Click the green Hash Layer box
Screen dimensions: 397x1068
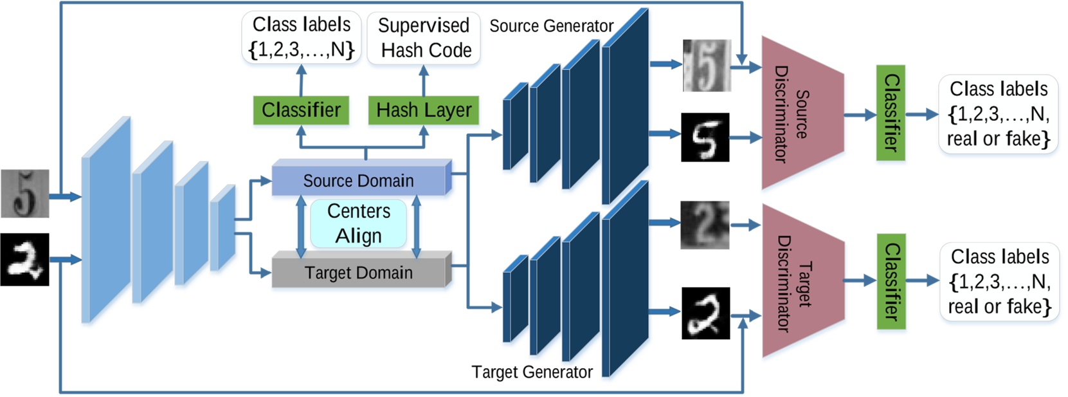point(424,110)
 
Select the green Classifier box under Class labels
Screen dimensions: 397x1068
point(301,110)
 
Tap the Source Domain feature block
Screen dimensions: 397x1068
point(359,180)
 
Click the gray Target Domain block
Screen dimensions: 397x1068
point(359,273)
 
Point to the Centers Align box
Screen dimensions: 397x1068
point(358,223)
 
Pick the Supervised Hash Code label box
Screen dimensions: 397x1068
point(424,37)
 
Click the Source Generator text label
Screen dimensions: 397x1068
point(551,26)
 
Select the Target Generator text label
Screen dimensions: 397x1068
point(532,372)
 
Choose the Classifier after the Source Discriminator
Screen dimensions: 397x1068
point(891,113)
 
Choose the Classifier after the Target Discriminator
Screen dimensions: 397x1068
point(891,281)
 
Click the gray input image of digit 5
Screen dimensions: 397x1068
point(24,193)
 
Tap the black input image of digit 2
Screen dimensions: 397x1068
point(24,259)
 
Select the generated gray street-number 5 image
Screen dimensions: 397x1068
point(707,65)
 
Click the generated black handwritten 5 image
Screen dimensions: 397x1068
point(705,137)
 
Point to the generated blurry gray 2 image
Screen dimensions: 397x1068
point(705,225)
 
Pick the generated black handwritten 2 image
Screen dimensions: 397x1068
point(705,313)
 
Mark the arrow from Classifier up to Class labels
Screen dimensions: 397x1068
point(301,80)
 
